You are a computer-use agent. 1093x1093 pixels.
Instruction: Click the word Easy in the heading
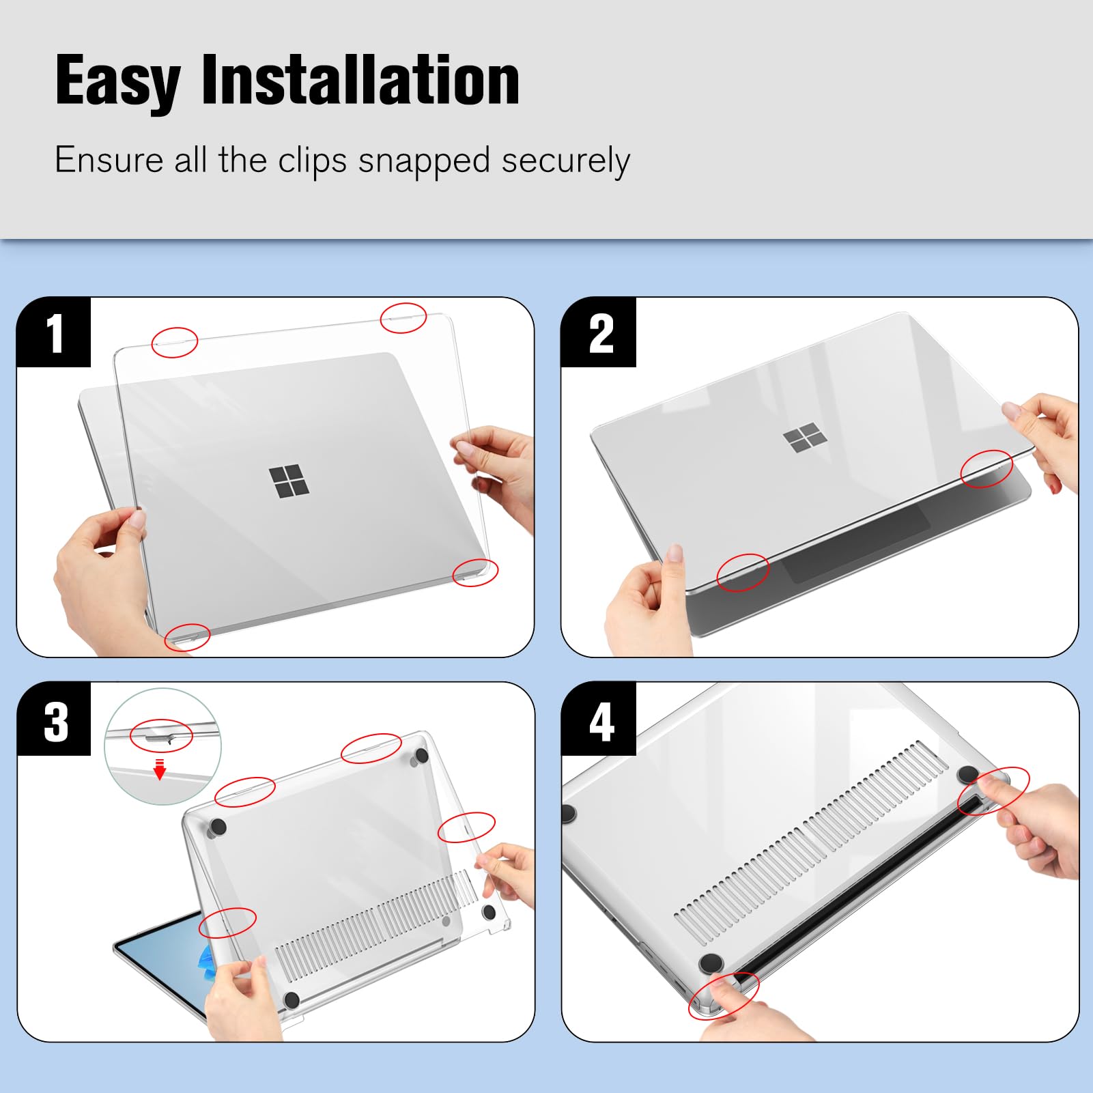117,82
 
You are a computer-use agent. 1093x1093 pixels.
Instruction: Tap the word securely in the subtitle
565,161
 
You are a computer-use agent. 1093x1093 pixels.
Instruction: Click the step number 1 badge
54,333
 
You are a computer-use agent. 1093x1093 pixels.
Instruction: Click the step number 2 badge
599,333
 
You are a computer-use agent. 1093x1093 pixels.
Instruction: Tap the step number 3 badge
55,721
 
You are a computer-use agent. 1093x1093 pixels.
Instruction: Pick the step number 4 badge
601,721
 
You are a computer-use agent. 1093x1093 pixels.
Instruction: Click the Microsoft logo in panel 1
288,482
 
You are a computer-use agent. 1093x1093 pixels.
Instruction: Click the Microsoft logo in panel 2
805,437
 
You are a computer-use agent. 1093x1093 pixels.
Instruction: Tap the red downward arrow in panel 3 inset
160,770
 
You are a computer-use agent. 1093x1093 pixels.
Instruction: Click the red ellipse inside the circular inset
161,735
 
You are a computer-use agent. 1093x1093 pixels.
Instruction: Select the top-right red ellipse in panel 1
403,317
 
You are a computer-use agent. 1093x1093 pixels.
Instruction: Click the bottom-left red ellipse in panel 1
187,638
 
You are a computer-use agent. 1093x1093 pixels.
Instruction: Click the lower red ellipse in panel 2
742,572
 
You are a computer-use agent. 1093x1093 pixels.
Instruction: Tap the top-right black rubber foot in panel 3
421,755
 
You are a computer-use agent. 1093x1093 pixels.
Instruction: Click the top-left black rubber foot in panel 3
218,827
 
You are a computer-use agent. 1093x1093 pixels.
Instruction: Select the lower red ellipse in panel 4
723,995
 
